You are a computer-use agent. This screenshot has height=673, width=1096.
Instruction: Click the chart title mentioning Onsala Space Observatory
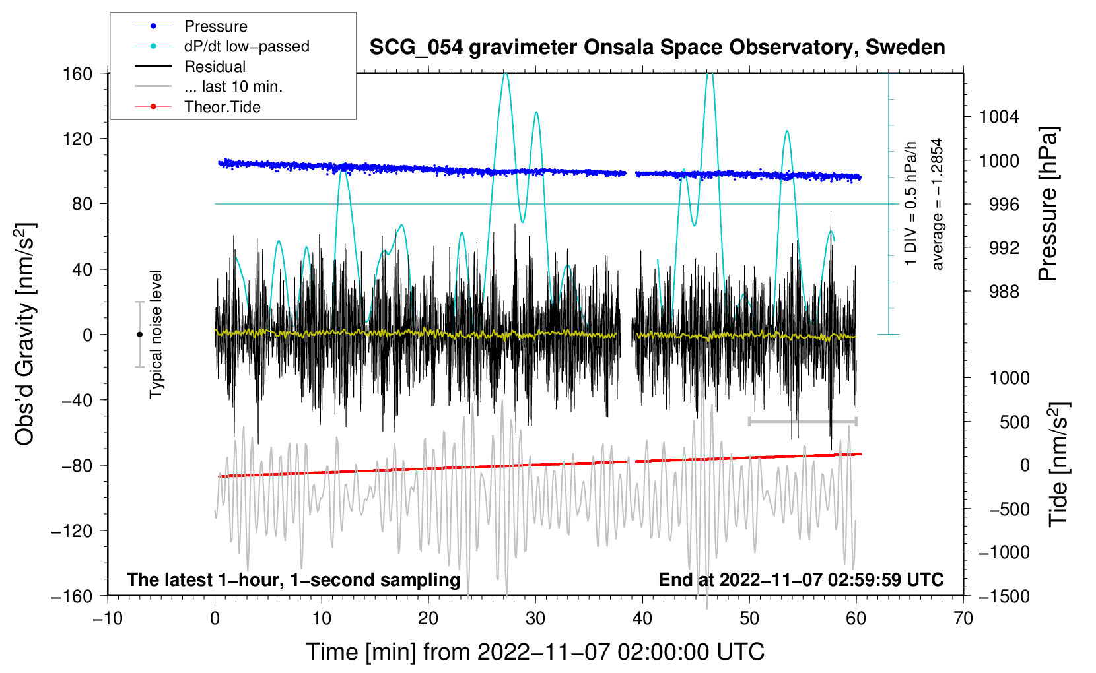tap(657, 47)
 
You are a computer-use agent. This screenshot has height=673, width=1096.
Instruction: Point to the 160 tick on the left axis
tap(78, 74)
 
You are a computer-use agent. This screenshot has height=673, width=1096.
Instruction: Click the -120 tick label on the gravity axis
tap(73, 530)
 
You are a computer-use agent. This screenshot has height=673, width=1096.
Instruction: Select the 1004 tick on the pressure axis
tap(999, 117)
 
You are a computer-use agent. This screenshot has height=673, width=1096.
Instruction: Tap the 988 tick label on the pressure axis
tap(1004, 292)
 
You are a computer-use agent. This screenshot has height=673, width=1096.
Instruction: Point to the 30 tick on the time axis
tap(535, 619)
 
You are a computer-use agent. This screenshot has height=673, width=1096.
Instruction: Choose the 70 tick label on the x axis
tap(963, 619)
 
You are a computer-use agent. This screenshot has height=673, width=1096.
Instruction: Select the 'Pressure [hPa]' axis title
tap(1048, 204)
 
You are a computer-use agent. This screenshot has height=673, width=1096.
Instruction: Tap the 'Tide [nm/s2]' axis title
tap(1058, 465)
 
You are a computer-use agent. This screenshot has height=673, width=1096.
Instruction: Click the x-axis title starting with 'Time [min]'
tap(535, 652)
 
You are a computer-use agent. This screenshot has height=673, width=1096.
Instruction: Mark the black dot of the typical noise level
tap(139, 335)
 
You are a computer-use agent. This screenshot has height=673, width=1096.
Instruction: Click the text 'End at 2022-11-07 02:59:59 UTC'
tap(801, 579)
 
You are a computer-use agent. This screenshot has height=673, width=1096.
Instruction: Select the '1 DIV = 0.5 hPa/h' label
tap(910, 204)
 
